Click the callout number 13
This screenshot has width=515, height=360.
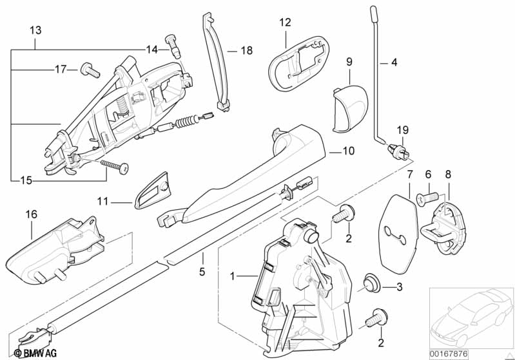tap(35, 30)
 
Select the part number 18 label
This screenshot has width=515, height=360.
tap(248, 50)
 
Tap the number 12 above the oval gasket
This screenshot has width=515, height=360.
tap(285, 22)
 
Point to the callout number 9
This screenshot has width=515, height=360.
tap(349, 62)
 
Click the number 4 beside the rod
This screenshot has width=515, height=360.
tap(394, 63)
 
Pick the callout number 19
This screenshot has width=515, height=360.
tap(402, 130)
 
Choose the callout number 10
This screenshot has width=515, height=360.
tap(348, 152)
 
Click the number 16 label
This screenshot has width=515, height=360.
tap(32, 213)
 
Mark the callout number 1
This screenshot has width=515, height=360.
tap(234, 276)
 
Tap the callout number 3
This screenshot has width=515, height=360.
tap(399, 287)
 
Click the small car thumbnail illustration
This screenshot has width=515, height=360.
tap(471, 318)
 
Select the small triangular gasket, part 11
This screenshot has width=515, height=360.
tap(153, 192)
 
